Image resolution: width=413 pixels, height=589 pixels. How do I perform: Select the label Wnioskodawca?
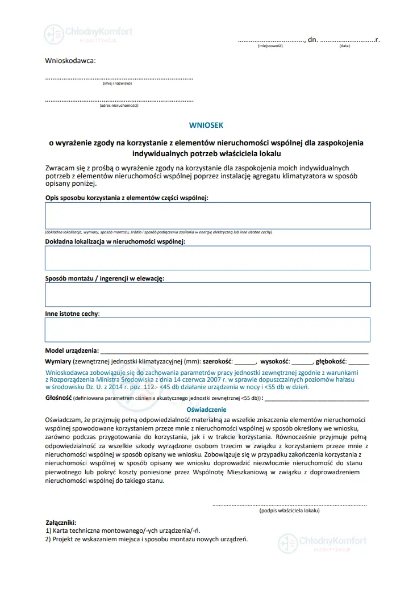[x=70, y=60]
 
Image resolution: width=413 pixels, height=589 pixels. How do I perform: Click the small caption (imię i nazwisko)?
[x=117, y=83]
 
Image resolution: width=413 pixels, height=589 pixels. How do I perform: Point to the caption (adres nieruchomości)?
[x=119, y=105]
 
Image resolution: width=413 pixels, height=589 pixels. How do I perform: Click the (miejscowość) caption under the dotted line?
[x=270, y=46]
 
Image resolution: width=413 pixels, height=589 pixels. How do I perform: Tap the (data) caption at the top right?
[x=344, y=46]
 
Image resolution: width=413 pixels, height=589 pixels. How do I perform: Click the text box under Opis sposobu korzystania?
[x=207, y=215]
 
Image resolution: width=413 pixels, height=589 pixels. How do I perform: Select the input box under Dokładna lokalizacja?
[x=207, y=258]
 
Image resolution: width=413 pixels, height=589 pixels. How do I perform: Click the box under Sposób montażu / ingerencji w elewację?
[x=207, y=294]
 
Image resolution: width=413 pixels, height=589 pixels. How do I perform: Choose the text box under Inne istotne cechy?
[x=207, y=329]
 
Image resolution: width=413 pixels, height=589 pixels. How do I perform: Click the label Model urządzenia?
[x=72, y=350]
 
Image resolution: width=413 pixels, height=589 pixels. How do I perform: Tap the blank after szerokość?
[x=245, y=362]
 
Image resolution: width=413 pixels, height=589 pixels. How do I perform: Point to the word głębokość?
[x=332, y=361]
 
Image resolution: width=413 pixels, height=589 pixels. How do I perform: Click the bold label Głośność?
[x=58, y=398]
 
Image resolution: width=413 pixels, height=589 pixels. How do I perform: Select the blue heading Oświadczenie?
[x=207, y=410]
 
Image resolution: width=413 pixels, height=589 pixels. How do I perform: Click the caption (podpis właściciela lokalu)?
[x=289, y=511]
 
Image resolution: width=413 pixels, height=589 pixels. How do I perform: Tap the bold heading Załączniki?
[x=60, y=522]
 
